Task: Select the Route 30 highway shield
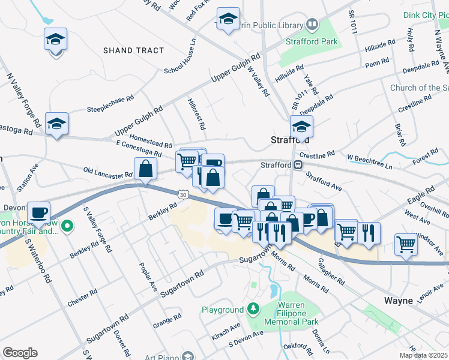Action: [x=182, y=194]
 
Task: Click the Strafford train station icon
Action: [x=298, y=164]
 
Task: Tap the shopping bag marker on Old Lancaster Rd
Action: [x=146, y=169]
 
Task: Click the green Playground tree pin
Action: [x=253, y=310]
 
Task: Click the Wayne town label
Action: [x=399, y=300]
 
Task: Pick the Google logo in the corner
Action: [x=20, y=353]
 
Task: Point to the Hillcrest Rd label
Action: [x=197, y=114]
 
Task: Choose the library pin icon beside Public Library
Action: [x=312, y=25]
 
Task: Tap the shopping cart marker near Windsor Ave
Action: [x=406, y=244]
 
